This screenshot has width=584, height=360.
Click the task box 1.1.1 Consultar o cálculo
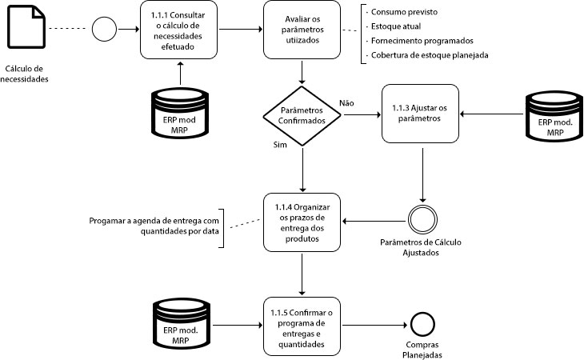click(179, 30)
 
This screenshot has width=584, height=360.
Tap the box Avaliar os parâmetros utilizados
click(302, 30)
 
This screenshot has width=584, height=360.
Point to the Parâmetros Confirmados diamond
click(302, 114)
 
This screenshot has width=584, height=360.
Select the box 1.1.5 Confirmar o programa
click(302, 326)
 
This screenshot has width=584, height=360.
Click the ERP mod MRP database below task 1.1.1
click(179, 114)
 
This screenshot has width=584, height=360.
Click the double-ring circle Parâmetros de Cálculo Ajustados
click(419, 218)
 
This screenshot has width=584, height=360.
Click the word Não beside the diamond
click(347, 103)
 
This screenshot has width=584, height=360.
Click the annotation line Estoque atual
click(394, 26)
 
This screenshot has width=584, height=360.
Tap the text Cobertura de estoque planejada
click(429, 55)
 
